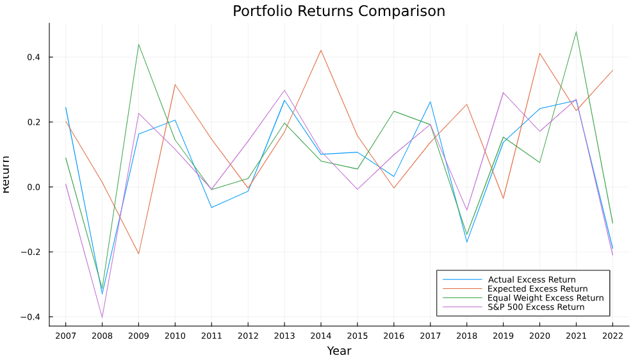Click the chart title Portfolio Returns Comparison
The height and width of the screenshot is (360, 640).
pos(338,12)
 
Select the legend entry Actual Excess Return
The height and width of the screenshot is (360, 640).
pos(532,280)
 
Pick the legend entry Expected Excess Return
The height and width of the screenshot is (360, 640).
pos(537,289)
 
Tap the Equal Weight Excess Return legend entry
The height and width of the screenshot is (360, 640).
pos(545,298)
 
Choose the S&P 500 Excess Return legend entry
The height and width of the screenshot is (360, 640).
pos(536,307)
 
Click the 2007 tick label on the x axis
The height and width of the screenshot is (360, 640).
pos(65,335)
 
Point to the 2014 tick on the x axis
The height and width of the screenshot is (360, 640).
pos(321,335)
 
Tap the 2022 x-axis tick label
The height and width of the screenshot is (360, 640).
pos(612,335)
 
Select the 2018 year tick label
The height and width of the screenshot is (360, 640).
pos(466,335)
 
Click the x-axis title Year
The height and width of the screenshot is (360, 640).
pos(339,351)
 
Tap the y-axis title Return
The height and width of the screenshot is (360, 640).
pos(6,174)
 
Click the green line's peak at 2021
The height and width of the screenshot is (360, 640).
pos(576,31)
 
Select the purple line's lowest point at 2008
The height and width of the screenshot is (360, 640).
pos(102,318)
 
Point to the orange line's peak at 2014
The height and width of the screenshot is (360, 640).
pos(321,50)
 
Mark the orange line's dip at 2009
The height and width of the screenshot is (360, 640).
pos(138,254)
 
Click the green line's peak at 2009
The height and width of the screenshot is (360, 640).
pos(138,44)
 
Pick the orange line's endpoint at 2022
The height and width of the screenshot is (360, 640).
pos(612,70)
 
